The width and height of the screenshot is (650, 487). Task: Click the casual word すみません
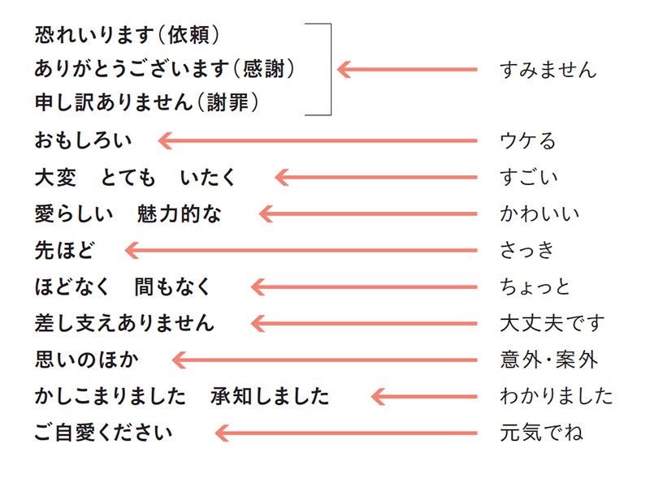pos(548,70)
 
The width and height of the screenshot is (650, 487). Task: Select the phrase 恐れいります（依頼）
pos(128,35)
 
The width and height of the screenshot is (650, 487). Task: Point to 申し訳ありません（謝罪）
pos(147,104)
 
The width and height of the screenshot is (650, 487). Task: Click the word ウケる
pos(528,141)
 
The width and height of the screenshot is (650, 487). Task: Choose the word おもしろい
pos(84,141)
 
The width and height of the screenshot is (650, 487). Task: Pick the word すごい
pos(529,177)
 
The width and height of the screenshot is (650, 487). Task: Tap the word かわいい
pos(539,213)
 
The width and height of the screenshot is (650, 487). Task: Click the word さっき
pos(528,250)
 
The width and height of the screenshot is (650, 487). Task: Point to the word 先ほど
pos(66,250)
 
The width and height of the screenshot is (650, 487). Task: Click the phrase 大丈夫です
pos(552,323)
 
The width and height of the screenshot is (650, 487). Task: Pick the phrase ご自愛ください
pos(104,432)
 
